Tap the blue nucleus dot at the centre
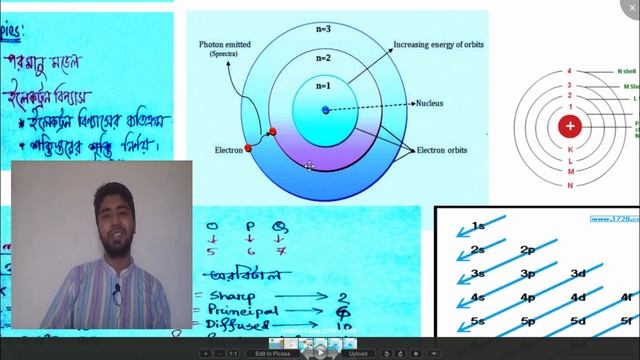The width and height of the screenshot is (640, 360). click(324, 109)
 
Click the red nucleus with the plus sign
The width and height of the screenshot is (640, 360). click(570, 126)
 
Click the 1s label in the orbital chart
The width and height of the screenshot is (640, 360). click(479, 226)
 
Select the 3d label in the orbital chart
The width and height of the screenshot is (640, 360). click(578, 274)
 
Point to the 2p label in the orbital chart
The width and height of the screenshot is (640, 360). click(527, 250)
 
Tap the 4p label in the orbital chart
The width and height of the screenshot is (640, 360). click(527, 297)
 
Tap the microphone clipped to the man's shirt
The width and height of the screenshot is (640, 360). click(117, 291)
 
